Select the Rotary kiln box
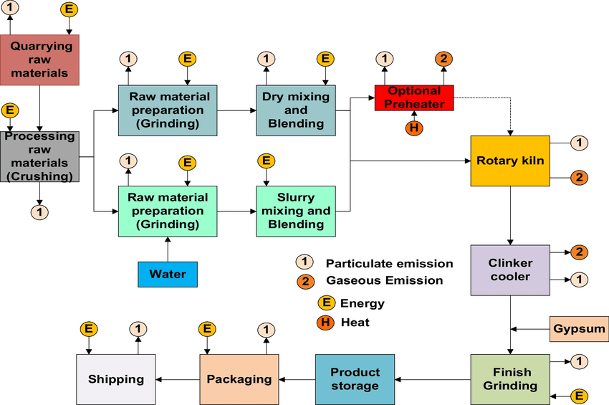509,161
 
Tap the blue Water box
167,274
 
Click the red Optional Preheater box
415,97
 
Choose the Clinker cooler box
509,270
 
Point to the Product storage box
355,378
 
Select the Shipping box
115,379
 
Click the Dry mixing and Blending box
296,110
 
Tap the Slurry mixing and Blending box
296,211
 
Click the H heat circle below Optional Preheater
413,128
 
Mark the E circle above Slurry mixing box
266,161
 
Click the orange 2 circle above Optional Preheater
443,58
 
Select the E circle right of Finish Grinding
580,394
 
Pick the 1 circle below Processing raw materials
39,211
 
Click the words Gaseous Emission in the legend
384,280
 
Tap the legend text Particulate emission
389,263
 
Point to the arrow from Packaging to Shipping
177,379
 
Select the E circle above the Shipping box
89,329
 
